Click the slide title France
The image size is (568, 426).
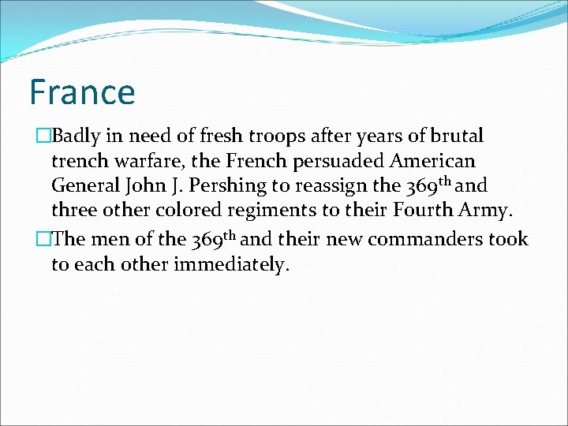pos(82,92)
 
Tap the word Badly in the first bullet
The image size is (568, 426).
pos(77,136)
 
